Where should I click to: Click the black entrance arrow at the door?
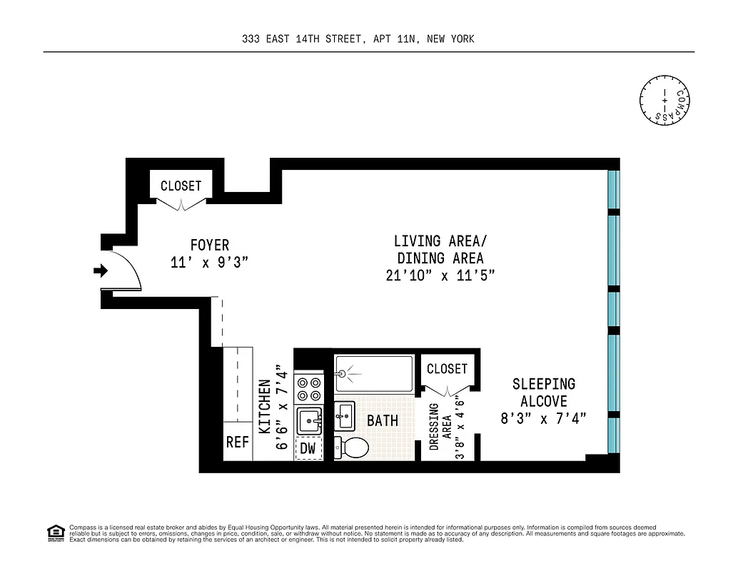click(x=101, y=271)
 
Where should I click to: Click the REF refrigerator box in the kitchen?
click(x=238, y=442)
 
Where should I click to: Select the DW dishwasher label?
click(x=308, y=448)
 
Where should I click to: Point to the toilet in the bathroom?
click(x=351, y=448)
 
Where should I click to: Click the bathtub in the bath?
click(x=373, y=373)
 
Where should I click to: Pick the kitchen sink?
click(x=310, y=420)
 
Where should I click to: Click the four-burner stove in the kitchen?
click(x=310, y=388)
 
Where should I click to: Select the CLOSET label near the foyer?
click(x=181, y=186)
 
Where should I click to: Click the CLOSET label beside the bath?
click(x=447, y=368)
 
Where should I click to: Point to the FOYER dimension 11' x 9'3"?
click(x=209, y=263)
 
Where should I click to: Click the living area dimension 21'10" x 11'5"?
click(x=440, y=276)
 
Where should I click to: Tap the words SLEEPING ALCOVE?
click(x=543, y=393)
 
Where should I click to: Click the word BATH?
click(x=383, y=420)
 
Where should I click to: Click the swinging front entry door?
click(x=127, y=271)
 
